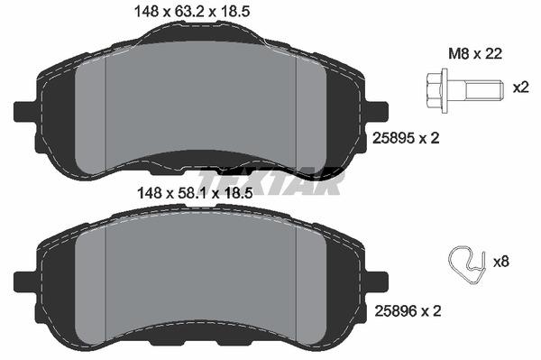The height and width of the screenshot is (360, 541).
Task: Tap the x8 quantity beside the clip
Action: coord(503,262)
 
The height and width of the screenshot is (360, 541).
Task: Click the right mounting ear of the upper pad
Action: coord(377,109)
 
